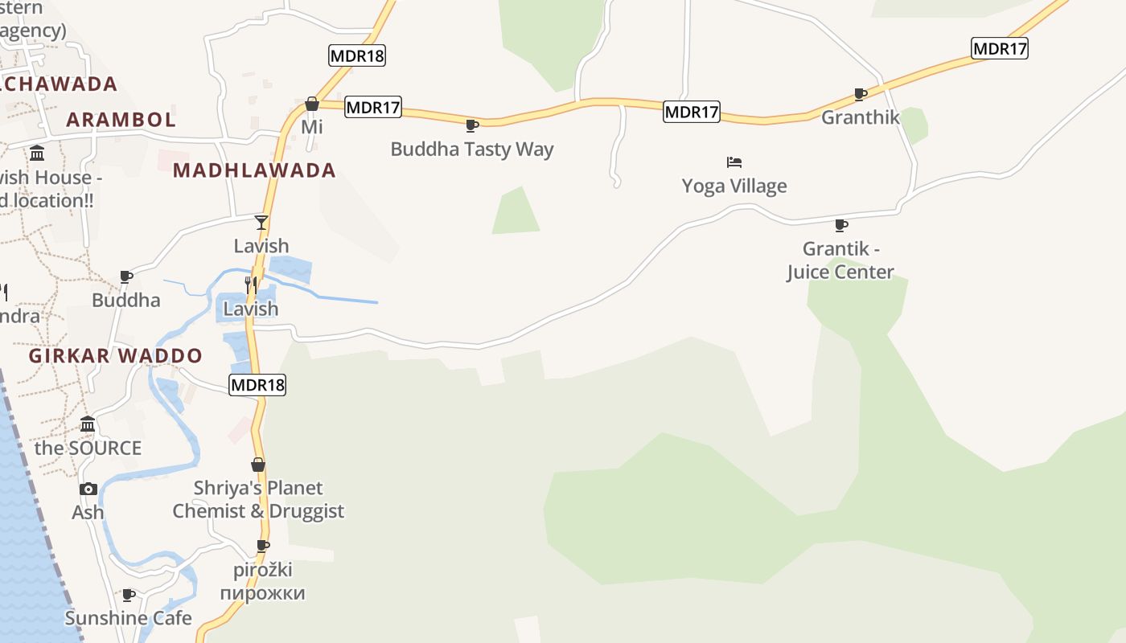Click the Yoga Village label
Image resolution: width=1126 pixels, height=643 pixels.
pos(734,186)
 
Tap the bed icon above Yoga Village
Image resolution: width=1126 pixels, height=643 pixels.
pos(734,162)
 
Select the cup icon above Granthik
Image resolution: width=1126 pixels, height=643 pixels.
pos(861,94)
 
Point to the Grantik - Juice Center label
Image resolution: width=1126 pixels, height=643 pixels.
pos(840,260)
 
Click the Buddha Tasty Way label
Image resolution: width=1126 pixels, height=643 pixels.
pos(472,149)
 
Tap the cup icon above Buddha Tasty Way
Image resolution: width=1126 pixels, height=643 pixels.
pos(472,125)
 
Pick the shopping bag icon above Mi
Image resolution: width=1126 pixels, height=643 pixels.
pos(312,104)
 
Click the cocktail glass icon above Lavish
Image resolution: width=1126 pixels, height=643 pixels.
pos(261,222)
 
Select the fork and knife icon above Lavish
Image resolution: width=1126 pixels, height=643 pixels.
pos(251,285)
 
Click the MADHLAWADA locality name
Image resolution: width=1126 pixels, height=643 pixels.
pos(254,170)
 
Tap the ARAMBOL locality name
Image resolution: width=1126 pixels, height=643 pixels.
pos(121,120)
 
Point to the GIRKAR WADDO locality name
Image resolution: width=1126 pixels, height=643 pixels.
pos(116,355)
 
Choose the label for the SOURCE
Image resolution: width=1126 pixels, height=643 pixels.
pos(88,448)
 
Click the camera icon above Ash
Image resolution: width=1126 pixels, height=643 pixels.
pos(88,489)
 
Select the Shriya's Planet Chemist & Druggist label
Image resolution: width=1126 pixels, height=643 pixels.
pos(258,499)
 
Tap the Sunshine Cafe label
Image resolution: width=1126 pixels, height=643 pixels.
pos(128,618)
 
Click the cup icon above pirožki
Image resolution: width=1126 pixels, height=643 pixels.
pos(263,546)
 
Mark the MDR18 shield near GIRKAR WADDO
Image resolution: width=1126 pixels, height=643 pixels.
pos(257,385)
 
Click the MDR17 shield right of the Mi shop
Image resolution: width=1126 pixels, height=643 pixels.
pos(373,107)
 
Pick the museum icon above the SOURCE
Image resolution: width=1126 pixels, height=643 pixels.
pos(88,424)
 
